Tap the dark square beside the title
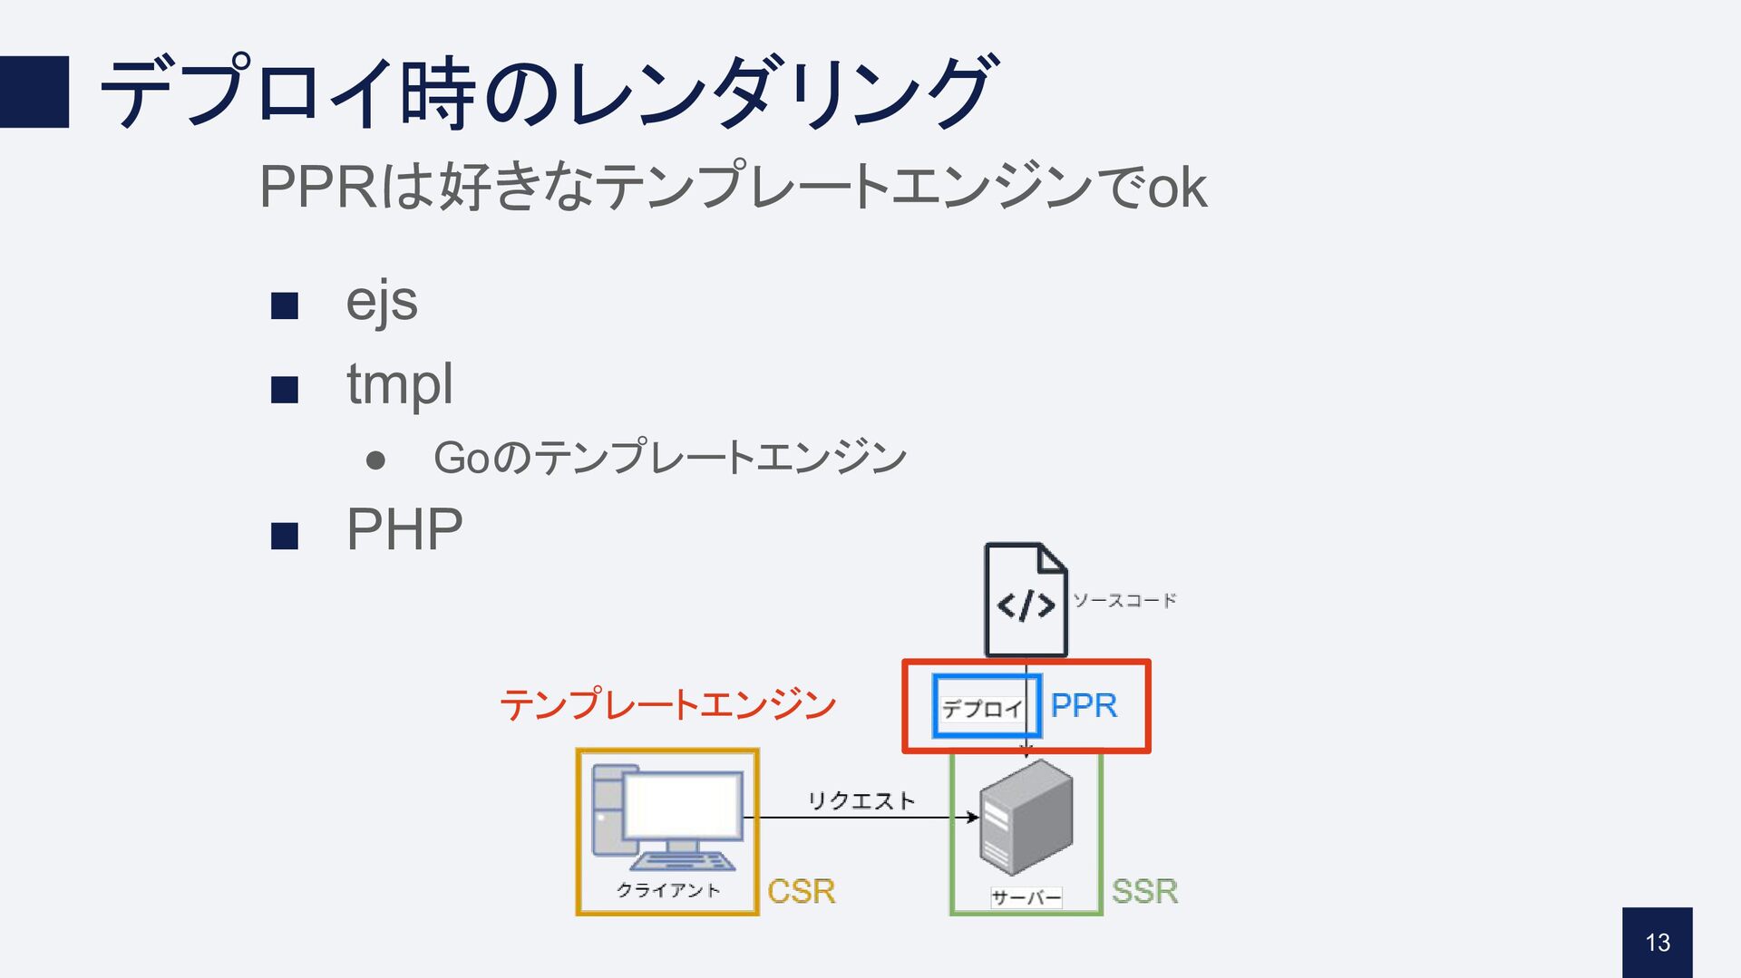pos(34,92)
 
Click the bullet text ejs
pos(382,302)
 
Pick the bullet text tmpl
pos(400,384)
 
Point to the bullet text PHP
pos(404,530)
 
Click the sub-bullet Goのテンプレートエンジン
pos(670,457)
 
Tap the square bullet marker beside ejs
pos(285,306)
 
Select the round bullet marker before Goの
pos(375,460)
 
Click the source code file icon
pos(1026,600)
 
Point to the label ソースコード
pos(1124,600)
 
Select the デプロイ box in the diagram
pos(984,707)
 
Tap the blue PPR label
pos(1084,705)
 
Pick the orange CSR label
pos(801,892)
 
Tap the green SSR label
pos(1144,892)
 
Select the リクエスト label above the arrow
pos(861,800)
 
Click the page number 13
pos(1658,943)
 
